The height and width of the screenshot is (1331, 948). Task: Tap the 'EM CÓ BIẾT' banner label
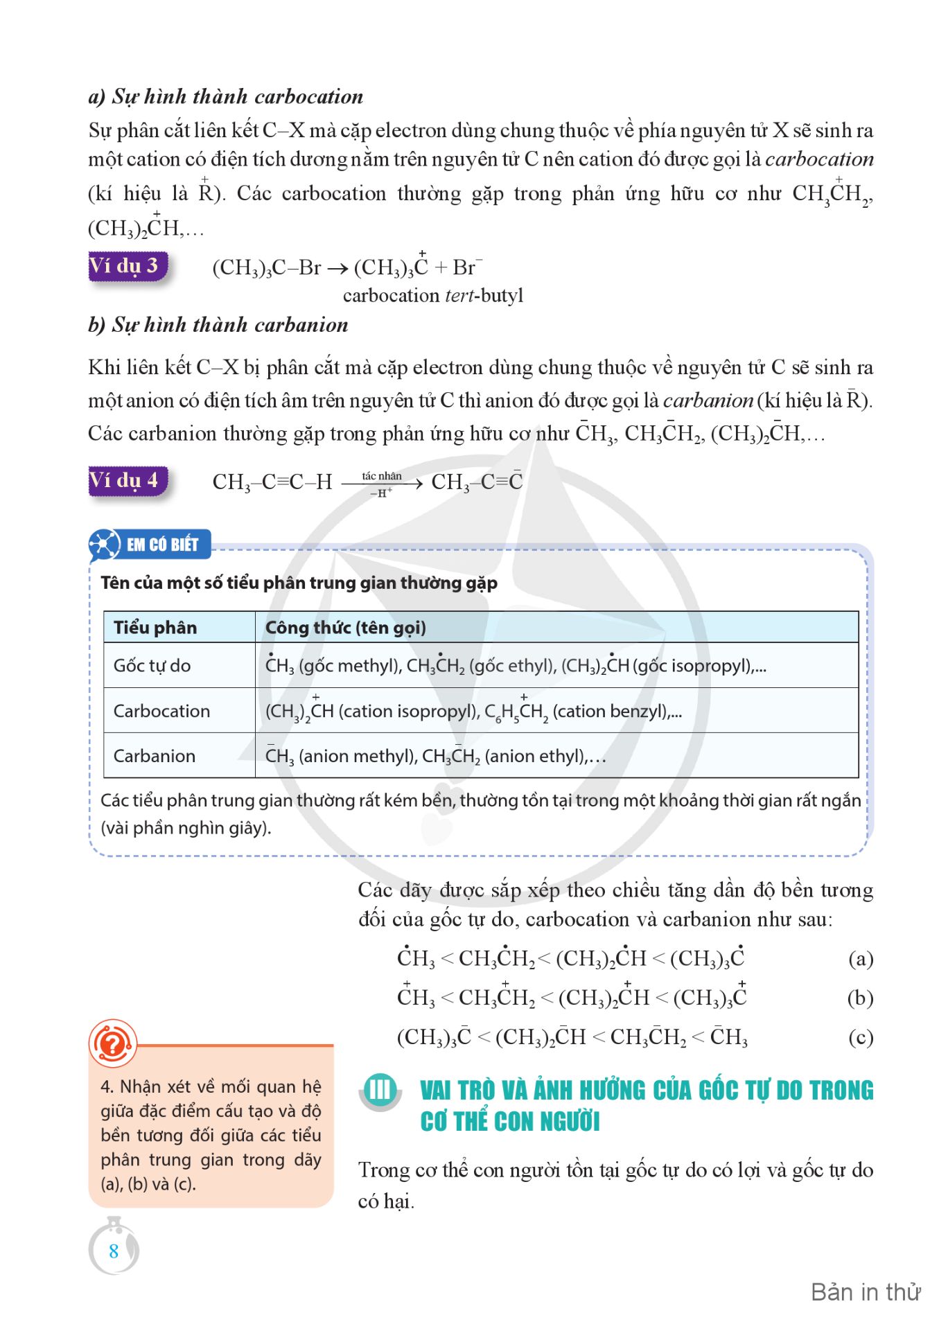click(162, 545)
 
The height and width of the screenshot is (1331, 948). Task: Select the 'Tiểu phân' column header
click(155, 628)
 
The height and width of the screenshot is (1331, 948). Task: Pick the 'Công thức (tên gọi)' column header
click(345, 628)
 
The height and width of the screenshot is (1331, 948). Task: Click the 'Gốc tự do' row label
click(152, 666)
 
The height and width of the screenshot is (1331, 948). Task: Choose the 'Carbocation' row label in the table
click(161, 711)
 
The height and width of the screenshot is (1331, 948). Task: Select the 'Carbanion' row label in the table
click(155, 756)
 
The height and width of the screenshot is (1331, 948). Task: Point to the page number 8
click(114, 1251)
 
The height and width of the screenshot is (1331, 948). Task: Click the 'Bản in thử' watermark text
click(866, 1292)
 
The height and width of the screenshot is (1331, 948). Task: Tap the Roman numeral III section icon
click(380, 1090)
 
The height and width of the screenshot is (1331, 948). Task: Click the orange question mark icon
click(112, 1043)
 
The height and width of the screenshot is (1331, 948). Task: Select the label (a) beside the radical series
click(861, 959)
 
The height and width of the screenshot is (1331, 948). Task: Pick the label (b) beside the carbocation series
click(860, 998)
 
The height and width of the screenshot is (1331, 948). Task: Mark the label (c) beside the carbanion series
click(860, 1038)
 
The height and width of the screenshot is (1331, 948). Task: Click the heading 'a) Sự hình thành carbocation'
click(226, 96)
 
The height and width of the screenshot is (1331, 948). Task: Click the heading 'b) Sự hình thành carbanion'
click(218, 325)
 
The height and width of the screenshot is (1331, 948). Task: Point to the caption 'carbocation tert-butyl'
click(433, 296)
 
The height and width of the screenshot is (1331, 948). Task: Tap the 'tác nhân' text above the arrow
click(381, 476)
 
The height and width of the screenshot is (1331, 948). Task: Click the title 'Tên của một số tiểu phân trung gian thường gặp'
click(299, 583)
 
